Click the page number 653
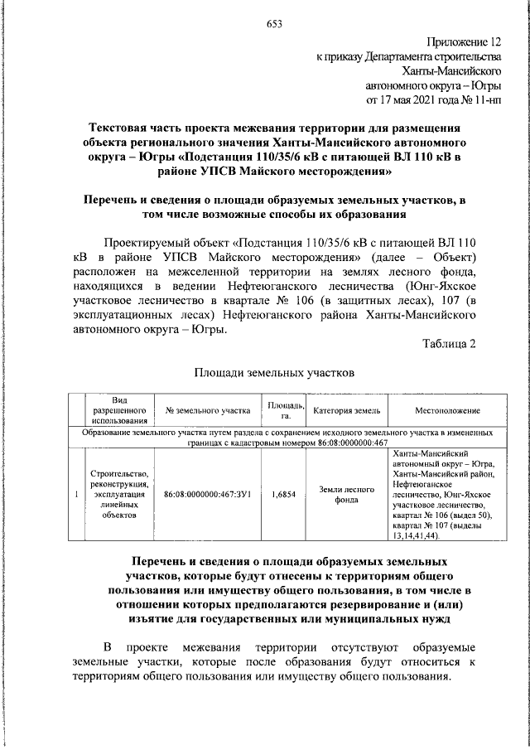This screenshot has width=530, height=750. (x=274, y=24)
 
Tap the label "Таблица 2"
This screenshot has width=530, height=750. (x=449, y=345)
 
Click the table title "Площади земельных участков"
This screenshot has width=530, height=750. (x=274, y=373)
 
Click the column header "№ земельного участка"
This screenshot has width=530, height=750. (x=208, y=410)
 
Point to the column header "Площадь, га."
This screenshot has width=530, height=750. (x=284, y=409)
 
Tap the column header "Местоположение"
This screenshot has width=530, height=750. (x=446, y=410)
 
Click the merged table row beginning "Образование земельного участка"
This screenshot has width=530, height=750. (x=286, y=438)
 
